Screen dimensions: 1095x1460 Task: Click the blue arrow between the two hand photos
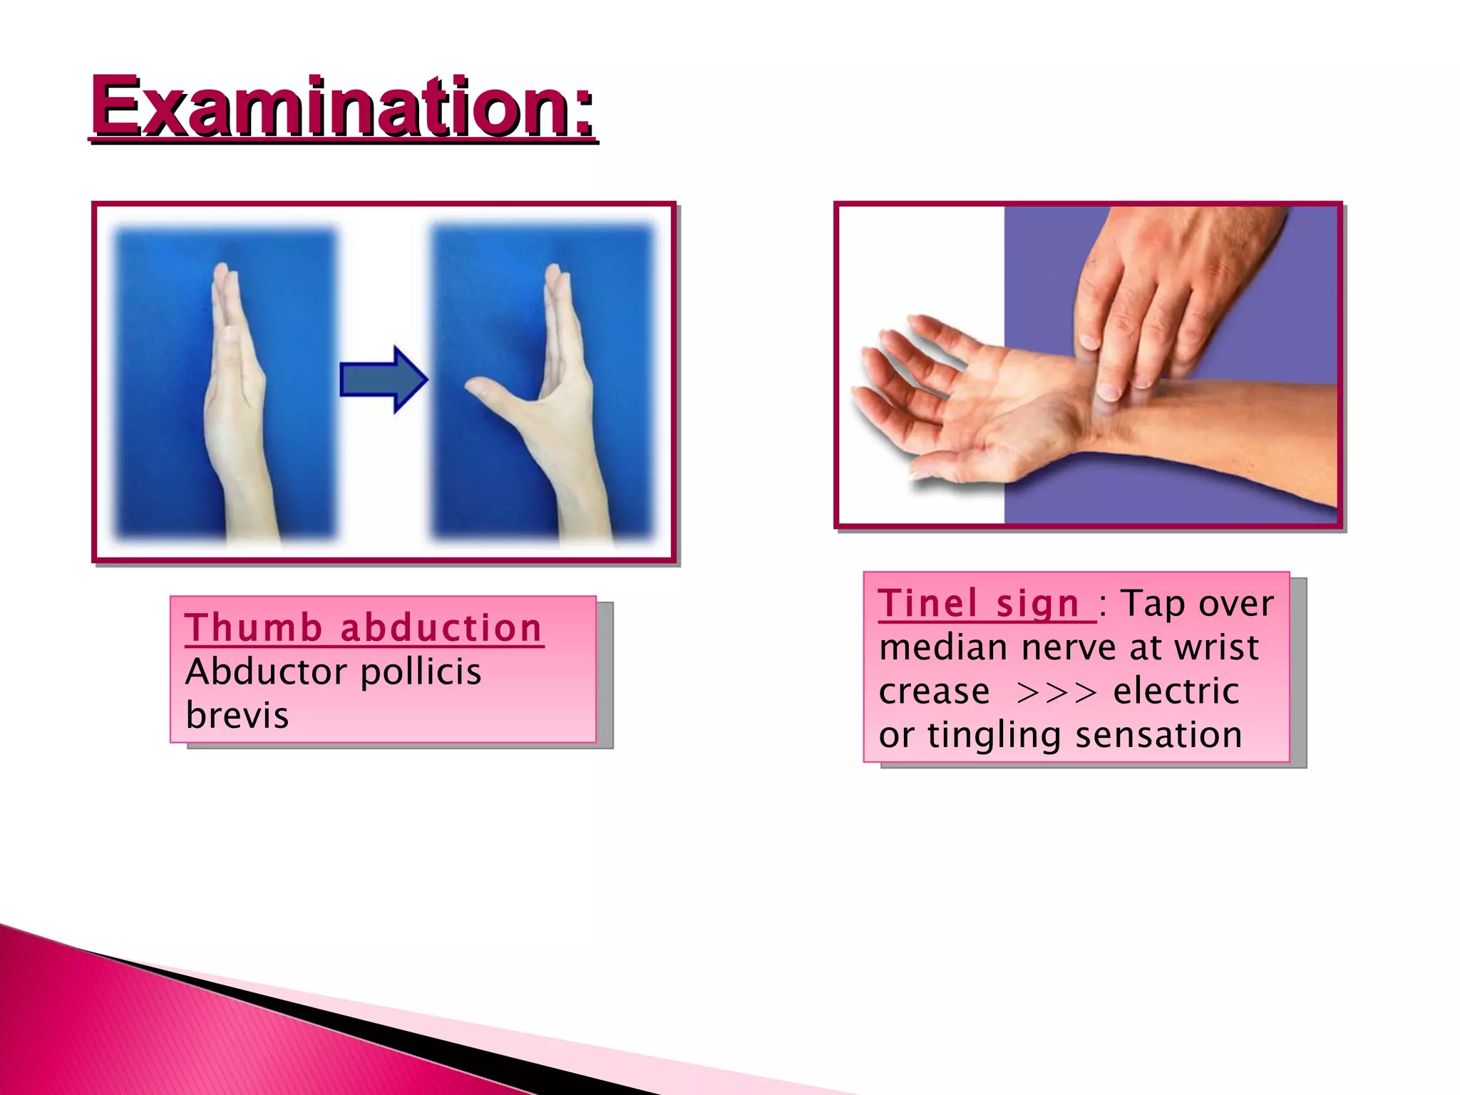(x=384, y=379)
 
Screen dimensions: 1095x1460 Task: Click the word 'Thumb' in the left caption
(x=254, y=628)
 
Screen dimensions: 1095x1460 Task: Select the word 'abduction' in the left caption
(x=441, y=628)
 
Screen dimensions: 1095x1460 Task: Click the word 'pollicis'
(x=421, y=673)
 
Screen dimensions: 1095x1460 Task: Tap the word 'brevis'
(x=237, y=715)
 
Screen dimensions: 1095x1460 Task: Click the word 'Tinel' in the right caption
(x=929, y=604)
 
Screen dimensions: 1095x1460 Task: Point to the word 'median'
(x=942, y=648)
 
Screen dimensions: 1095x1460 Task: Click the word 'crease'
(x=934, y=692)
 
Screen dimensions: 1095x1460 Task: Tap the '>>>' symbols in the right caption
(x=1057, y=692)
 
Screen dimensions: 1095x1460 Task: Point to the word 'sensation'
(x=1158, y=735)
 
